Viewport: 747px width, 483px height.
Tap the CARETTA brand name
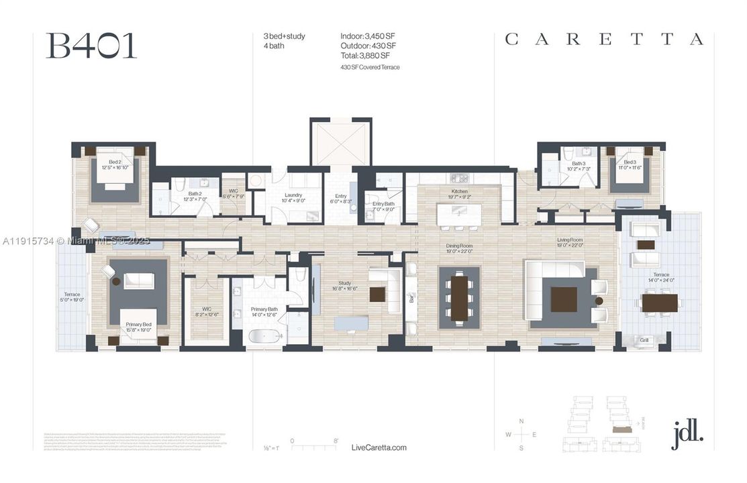coord(604,40)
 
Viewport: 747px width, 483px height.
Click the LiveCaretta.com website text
coord(379,447)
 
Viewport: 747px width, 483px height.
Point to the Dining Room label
coord(460,246)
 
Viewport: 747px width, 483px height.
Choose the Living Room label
coord(569,239)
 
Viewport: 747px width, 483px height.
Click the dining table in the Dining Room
coord(459,297)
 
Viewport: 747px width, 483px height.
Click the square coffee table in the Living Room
coord(563,299)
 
